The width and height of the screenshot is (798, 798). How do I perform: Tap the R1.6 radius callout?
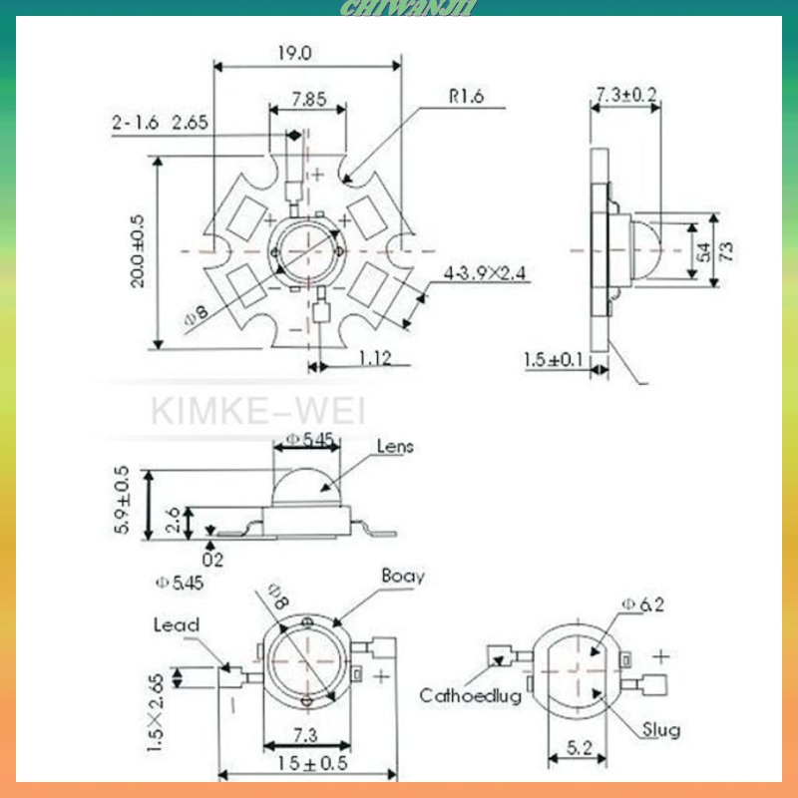point(466,97)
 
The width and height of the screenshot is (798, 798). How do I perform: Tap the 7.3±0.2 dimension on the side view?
point(625,94)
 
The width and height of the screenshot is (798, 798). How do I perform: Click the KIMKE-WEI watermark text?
point(258,411)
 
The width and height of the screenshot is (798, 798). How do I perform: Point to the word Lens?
point(395,447)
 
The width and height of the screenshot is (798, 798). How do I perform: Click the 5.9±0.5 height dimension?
point(123,500)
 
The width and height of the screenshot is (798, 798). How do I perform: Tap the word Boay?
point(403,577)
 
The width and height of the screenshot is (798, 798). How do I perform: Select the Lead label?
point(176,625)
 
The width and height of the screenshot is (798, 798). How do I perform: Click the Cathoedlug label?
point(470,696)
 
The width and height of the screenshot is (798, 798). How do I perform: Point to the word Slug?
point(661,730)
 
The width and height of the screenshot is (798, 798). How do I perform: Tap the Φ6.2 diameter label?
point(641,603)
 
